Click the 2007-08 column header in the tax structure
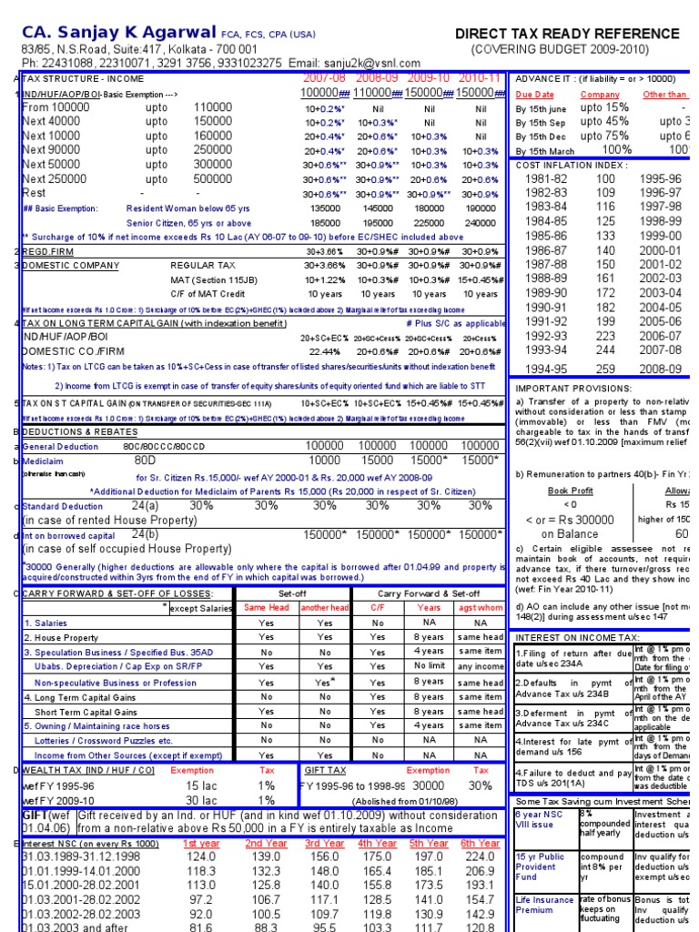[325, 78]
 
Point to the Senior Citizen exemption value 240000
[481, 221]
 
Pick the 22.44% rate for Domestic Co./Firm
[325, 351]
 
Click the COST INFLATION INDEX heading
[571, 165]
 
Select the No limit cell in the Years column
[428, 666]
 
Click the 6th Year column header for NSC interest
[480, 844]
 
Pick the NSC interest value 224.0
[480, 856]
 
